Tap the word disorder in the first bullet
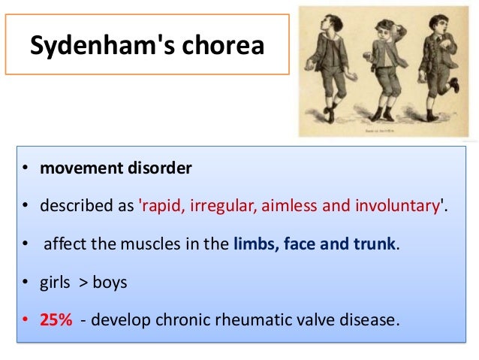[158, 168]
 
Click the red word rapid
[161, 207]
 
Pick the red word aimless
[285, 207]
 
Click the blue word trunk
[374, 246]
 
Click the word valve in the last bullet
[312, 320]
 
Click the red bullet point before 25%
[24, 320]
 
